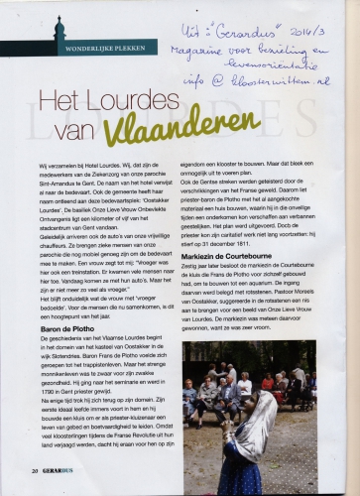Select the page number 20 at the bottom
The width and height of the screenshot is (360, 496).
[x=36, y=470]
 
